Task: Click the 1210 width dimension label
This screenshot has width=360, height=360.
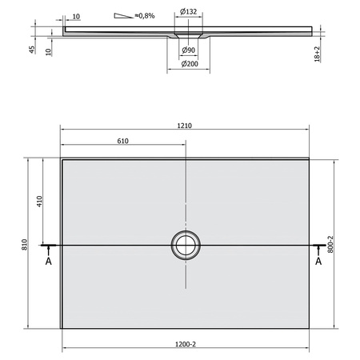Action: pos(185,126)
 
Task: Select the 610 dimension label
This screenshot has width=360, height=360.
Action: pos(123,141)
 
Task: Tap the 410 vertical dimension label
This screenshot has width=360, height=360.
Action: pos(39,202)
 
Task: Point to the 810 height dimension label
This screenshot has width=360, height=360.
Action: pos(25,245)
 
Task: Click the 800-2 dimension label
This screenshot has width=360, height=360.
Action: pos(330,244)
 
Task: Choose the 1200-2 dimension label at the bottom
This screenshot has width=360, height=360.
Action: pos(186,344)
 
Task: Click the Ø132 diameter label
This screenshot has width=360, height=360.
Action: pos(188,12)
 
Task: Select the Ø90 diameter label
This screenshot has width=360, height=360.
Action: pos(188,50)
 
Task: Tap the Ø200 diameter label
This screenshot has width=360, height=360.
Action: pos(190,64)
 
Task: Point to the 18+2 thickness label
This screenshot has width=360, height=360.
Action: pos(317,54)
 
